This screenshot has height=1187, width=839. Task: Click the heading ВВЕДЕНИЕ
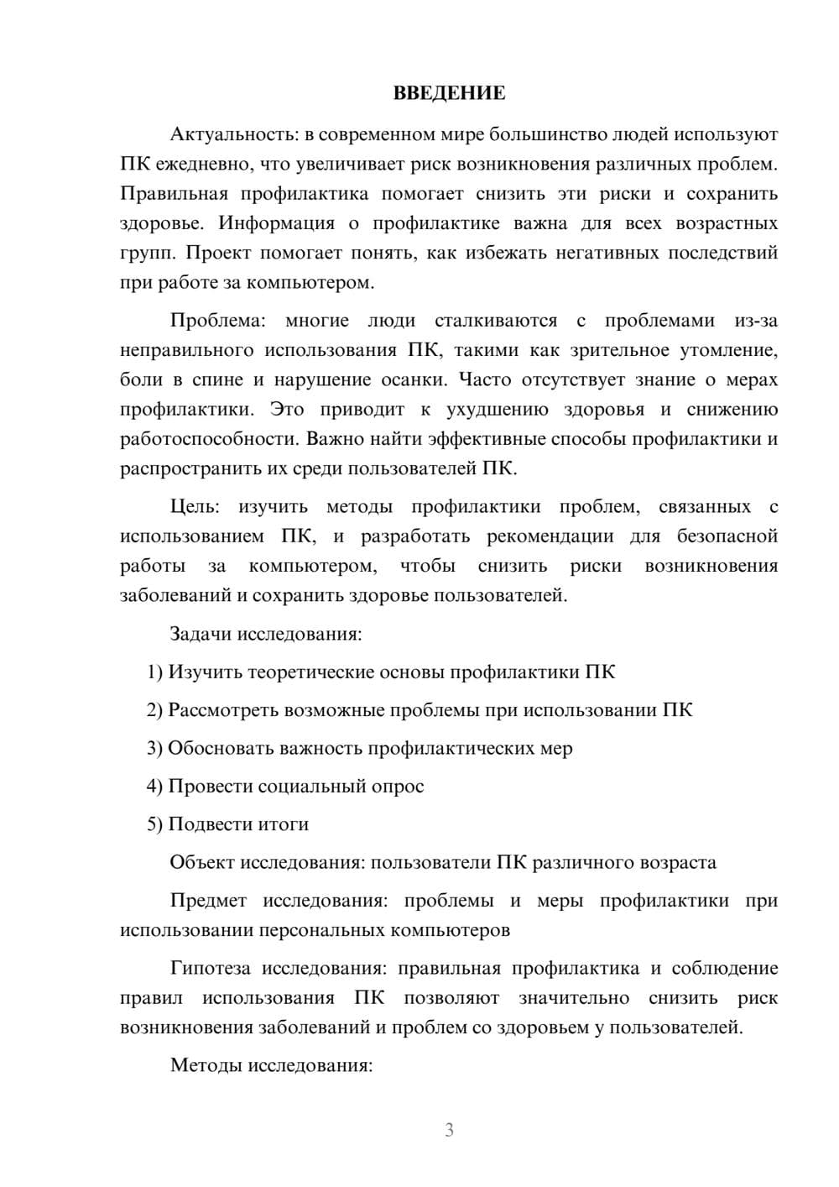click(449, 93)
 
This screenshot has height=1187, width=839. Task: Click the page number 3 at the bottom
click(449, 1130)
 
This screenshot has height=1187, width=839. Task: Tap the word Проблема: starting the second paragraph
click(217, 321)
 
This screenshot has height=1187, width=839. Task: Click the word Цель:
click(195, 507)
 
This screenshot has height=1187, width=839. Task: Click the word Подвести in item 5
click(206, 824)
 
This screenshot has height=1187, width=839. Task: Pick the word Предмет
click(208, 901)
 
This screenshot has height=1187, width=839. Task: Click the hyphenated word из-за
click(756, 321)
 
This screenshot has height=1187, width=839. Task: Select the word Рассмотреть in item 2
click(223, 710)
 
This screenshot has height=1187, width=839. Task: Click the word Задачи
click(201, 634)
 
